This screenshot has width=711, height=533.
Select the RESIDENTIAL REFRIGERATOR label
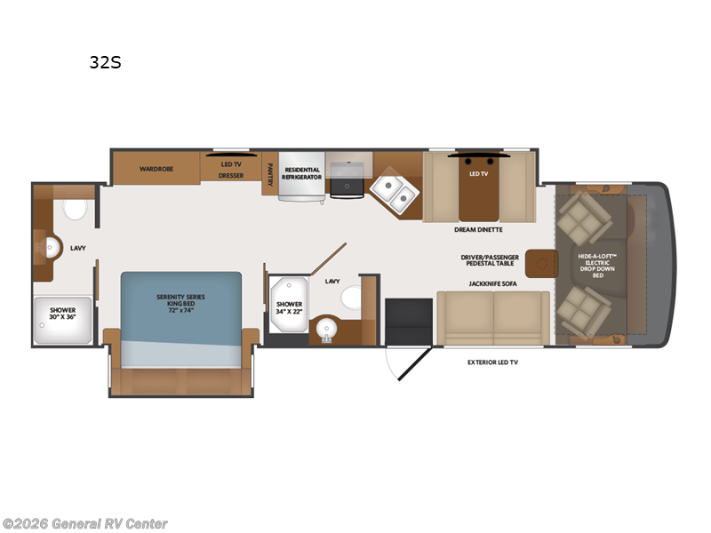point(300,172)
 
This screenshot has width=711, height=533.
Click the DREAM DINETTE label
point(479,229)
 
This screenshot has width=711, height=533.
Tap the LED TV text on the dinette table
point(479,173)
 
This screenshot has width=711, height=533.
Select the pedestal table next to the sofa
point(541,263)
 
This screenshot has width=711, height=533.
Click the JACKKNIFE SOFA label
point(493,283)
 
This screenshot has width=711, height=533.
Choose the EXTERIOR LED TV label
point(493,362)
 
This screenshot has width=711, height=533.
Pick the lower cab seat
point(582,311)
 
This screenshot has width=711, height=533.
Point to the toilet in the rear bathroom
point(75,210)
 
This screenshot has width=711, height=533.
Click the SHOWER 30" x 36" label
point(61,314)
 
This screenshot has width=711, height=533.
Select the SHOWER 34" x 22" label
point(289,307)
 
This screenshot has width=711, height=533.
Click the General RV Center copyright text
point(85,524)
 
